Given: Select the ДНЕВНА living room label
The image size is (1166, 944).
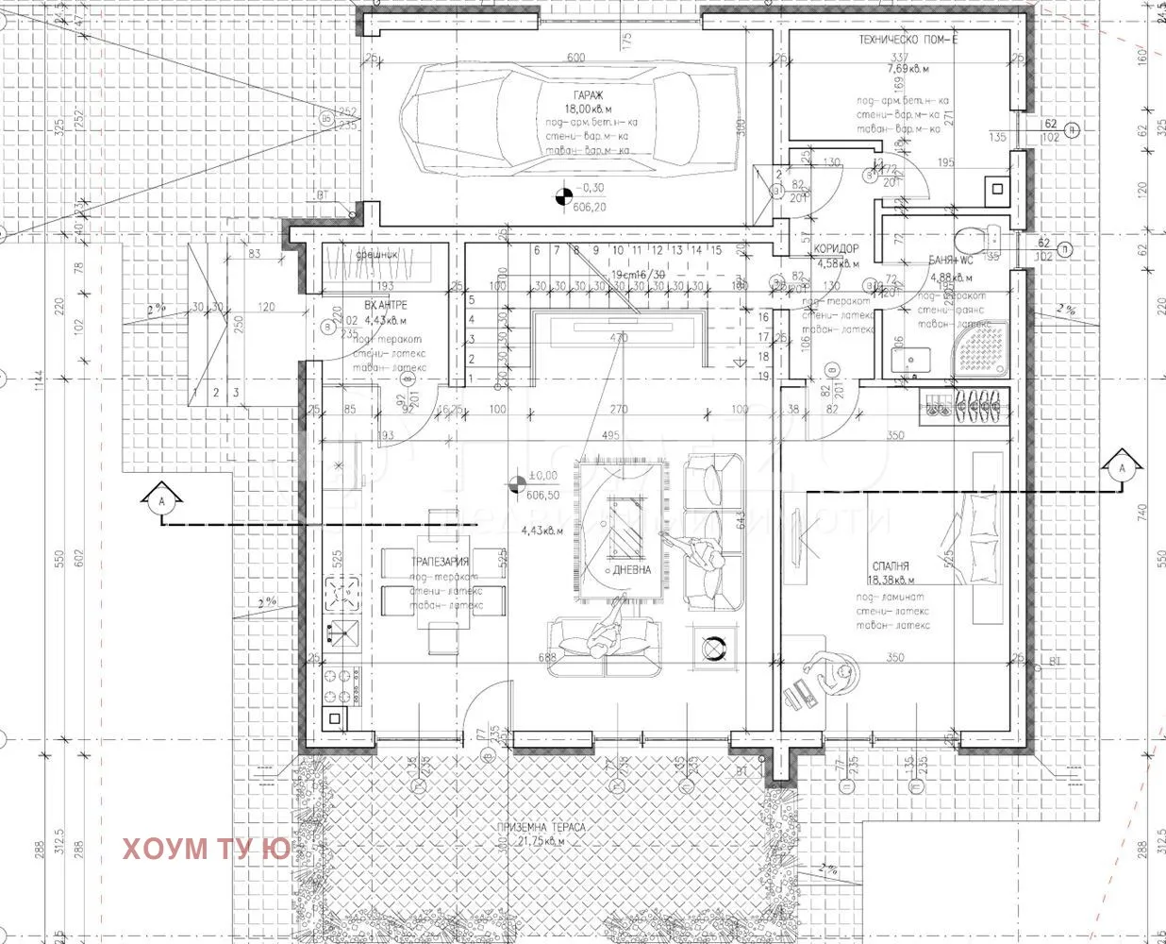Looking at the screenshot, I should coord(632,570).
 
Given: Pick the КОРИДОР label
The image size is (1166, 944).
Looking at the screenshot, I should coord(836,249).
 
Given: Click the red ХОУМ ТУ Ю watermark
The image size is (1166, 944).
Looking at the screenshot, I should coord(206,849).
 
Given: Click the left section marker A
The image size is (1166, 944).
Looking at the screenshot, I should coord(162,502).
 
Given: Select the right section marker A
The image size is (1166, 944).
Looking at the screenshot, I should coord(1121,468).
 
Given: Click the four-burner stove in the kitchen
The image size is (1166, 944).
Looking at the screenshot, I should coord(341,595).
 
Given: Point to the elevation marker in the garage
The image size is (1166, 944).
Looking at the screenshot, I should coord(563,196).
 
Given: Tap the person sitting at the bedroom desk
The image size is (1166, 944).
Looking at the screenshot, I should coord(828,672).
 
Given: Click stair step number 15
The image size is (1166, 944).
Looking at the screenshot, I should coord(716,250).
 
